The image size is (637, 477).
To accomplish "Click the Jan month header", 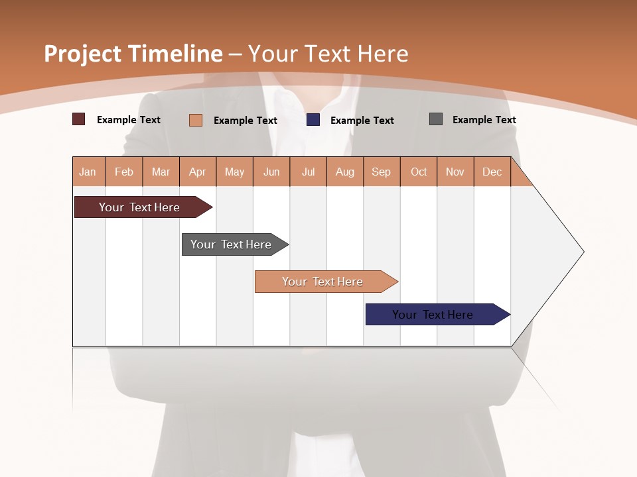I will tap(88, 172).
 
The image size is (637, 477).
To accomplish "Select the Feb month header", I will tap(124, 172).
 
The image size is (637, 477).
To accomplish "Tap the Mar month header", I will tap(161, 172).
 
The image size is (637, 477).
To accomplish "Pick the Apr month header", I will tap(198, 172).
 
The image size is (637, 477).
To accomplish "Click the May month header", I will tap(234, 172).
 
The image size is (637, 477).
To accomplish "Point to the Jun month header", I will tap(271, 172).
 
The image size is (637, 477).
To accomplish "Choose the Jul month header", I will tap(308, 172).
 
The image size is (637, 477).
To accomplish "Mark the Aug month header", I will tap(345, 172).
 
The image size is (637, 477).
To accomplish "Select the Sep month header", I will tap(382, 172).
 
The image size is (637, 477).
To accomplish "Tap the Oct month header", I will tap(419, 172).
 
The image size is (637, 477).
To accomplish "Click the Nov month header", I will tap(455, 172).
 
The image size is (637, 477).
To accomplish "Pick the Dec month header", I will tap(492, 172).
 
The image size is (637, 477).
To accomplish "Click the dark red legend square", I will tap(79, 119).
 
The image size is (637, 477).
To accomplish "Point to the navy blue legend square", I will tap(313, 119).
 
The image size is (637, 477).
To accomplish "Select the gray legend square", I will tap(436, 119).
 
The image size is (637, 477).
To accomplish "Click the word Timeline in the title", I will tap(175, 54).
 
